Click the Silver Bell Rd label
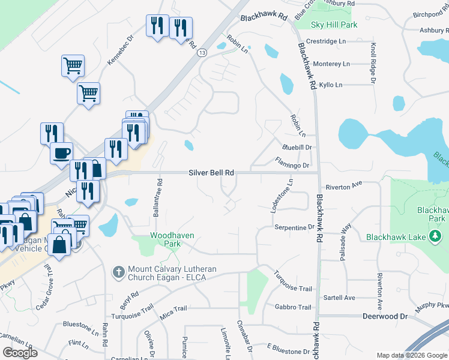211,172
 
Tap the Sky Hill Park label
334,25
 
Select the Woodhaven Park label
172,240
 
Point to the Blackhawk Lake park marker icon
435,236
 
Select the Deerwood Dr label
385,316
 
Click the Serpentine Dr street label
294,228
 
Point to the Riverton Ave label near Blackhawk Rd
345,187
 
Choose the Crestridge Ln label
326,41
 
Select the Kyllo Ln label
330,85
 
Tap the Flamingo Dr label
292,163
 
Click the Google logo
20,353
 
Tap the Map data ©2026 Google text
411,355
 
